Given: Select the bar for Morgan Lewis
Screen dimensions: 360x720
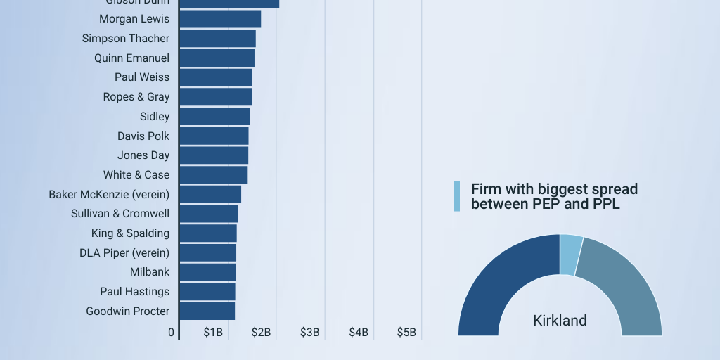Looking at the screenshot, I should pos(220,19).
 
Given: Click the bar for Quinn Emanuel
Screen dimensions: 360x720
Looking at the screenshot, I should pos(217,58).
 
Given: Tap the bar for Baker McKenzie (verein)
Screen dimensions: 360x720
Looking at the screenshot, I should pos(210,194).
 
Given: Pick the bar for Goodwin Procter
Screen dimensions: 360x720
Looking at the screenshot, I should pos(207,311).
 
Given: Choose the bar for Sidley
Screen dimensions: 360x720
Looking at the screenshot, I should pos(214,117).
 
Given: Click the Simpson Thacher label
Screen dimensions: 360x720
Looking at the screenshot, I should pos(126,39).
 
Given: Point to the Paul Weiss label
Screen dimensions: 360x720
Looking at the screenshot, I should pos(142,77).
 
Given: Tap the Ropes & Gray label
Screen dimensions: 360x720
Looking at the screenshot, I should pos(136,97).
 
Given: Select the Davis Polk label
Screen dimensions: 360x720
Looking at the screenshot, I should pos(143,136).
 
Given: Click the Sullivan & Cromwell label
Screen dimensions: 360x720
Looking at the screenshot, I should pos(120,214).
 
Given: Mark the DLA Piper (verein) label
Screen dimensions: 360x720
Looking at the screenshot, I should pos(124,252).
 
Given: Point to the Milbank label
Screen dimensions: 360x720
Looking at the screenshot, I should pos(150,272).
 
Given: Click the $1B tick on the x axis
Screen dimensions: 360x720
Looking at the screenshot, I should pos(213,332).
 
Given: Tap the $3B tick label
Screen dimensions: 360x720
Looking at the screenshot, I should pos(310,332).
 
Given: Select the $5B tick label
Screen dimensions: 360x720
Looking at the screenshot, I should pos(406,332).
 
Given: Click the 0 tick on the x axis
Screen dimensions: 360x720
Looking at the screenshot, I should pos(172,332).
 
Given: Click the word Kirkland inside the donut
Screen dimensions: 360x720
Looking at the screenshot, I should pos(560,321).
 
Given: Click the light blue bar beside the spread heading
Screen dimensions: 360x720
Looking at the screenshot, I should pos(457,196).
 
